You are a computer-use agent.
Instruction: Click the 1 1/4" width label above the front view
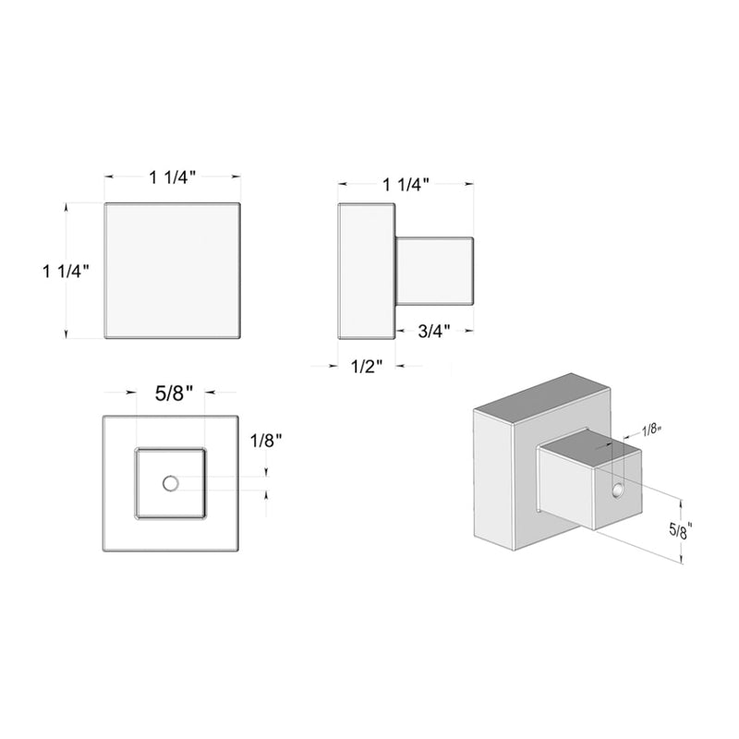pos(174,178)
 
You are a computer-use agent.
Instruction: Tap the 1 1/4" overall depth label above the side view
pos(406,184)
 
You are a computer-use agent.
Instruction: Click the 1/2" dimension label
pos(367,367)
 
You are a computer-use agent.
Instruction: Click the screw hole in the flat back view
pos(170,482)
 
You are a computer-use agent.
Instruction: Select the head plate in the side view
pos(367,270)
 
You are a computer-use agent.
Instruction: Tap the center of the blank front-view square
pos(173,270)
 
